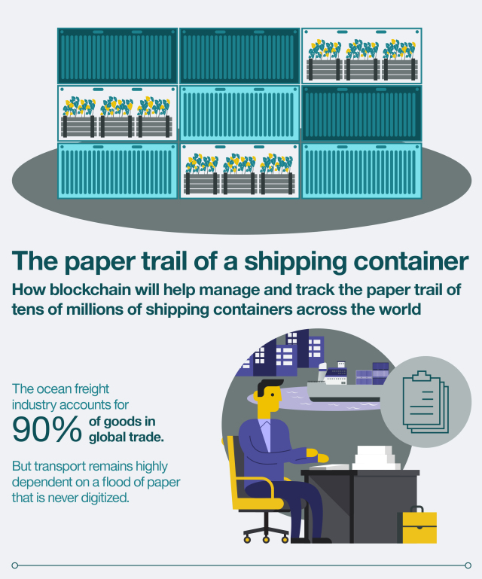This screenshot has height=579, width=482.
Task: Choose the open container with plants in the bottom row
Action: (x=239, y=171)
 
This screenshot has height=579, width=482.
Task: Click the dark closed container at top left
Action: (x=117, y=56)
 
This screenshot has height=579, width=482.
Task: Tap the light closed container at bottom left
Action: (x=117, y=171)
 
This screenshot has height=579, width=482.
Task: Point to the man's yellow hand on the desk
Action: (x=322, y=457)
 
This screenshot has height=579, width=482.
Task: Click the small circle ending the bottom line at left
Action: (x=14, y=565)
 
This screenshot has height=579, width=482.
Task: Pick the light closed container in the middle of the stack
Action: (x=239, y=113)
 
